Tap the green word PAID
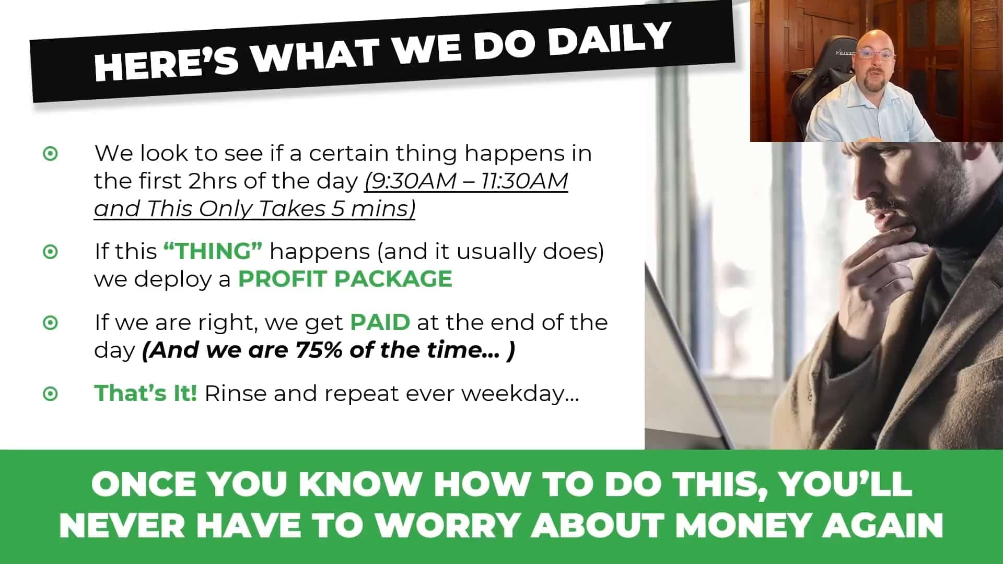click(x=380, y=322)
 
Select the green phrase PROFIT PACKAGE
click(x=345, y=279)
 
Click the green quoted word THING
click(x=213, y=251)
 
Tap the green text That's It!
click(x=146, y=393)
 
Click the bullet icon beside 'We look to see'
click(x=50, y=154)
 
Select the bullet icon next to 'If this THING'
click(x=50, y=252)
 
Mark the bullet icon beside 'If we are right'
click(x=50, y=323)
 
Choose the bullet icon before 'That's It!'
click(x=50, y=393)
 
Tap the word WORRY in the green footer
click(x=447, y=525)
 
